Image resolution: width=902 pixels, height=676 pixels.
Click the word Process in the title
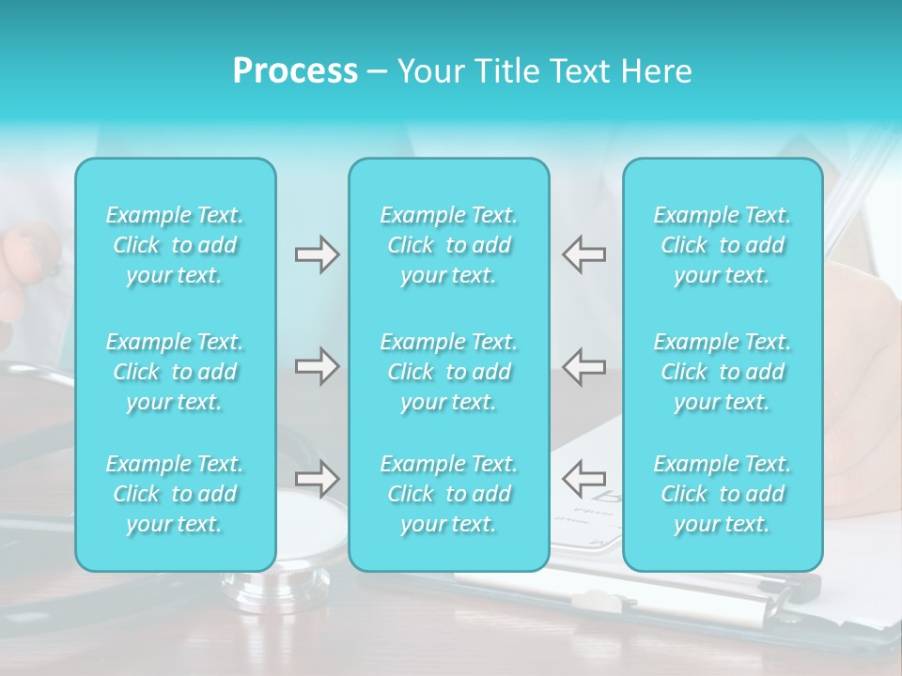click(x=295, y=71)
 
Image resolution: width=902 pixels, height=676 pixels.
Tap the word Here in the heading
click(x=655, y=71)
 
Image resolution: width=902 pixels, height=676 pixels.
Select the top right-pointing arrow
click(x=318, y=254)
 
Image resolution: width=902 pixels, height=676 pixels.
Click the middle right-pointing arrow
click(x=318, y=365)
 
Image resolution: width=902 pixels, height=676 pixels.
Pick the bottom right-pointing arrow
click(x=318, y=478)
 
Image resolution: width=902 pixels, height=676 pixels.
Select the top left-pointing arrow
click(x=583, y=254)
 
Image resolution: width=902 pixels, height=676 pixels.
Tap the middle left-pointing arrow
click(x=583, y=365)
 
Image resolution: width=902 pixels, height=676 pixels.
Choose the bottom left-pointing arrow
click(x=583, y=478)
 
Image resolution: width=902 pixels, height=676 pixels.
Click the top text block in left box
click(x=175, y=245)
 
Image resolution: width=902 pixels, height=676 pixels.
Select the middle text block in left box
click(x=175, y=372)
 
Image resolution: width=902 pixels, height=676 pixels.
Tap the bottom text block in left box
click(x=175, y=494)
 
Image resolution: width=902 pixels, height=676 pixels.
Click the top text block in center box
click(x=449, y=245)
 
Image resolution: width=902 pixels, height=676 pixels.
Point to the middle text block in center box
click(x=449, y=372)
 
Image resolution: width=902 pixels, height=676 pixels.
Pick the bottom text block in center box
click(x=449, y=494)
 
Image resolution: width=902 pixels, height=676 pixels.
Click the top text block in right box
click(x=723, y=245)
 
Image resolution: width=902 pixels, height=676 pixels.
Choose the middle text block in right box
click(x=723, y=372)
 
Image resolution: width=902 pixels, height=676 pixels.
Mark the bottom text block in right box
click(x=723, y=494)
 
